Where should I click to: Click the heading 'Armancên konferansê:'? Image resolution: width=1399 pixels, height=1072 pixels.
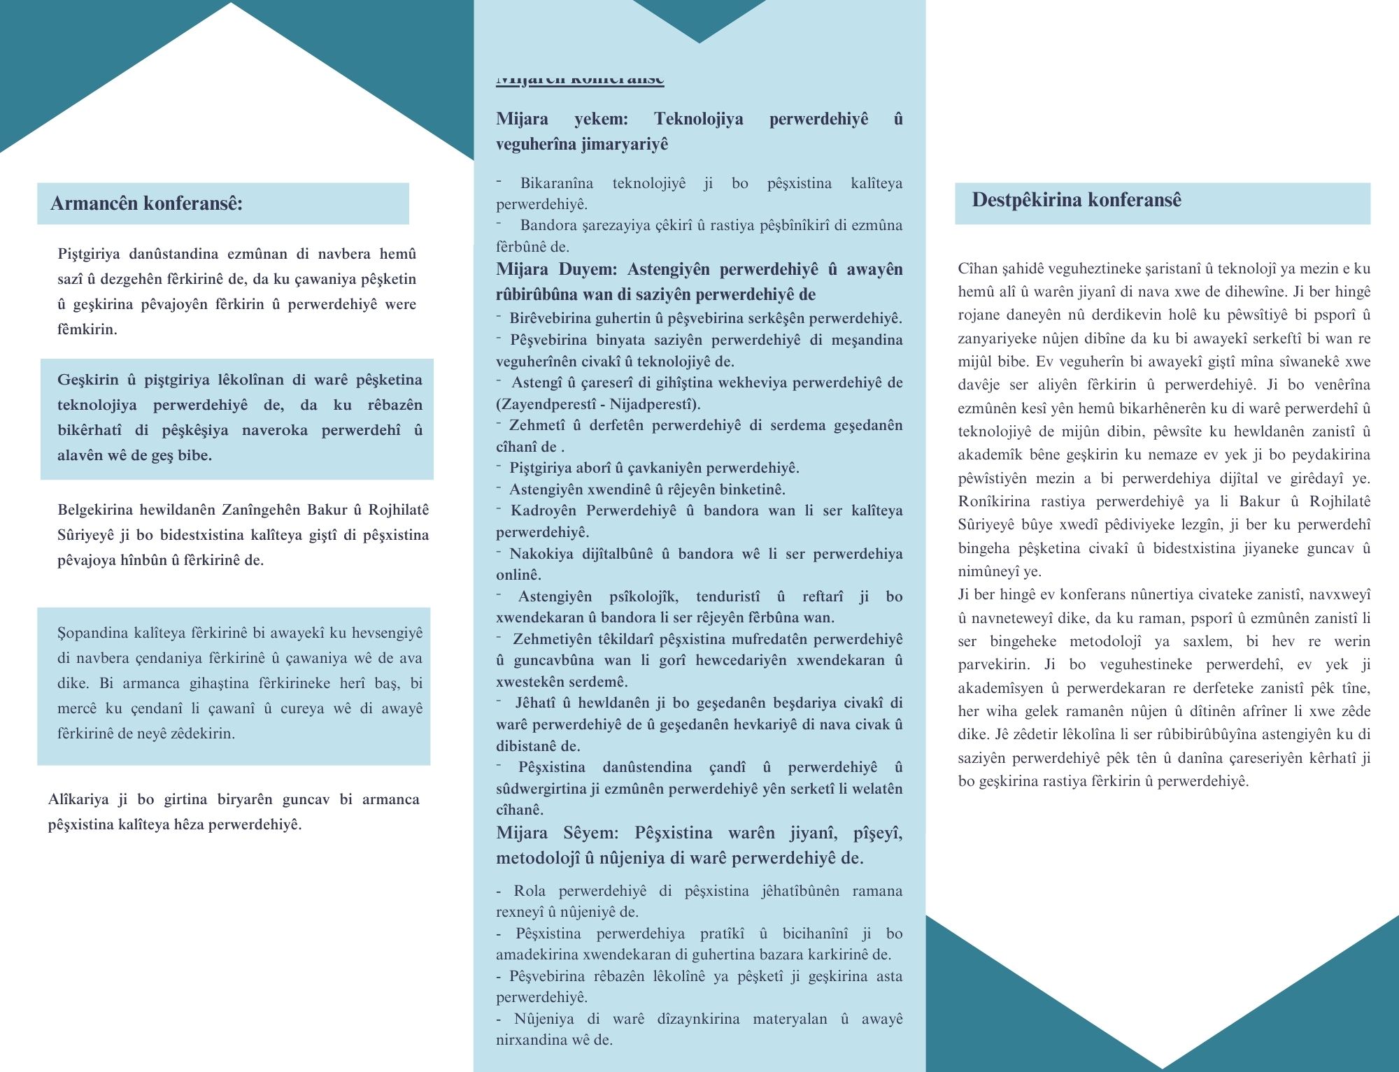tap(146, 203)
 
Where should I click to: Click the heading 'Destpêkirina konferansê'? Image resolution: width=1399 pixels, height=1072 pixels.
tap(1076, 200)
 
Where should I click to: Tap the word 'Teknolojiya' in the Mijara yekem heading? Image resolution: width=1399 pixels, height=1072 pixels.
tap(698, 119)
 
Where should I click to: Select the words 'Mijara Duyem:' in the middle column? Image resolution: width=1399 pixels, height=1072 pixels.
tap(557, 269)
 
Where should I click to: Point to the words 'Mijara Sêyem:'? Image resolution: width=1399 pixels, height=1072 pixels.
tap(557, 833)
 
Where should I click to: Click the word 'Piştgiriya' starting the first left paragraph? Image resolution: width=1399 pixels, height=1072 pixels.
tap(89, 254)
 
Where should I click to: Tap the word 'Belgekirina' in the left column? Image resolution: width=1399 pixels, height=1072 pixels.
tap(95, 510)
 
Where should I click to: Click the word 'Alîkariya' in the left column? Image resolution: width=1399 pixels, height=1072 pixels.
tap(78, 799)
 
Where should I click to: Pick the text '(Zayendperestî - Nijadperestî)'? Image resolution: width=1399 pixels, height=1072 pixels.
tap(598, 404)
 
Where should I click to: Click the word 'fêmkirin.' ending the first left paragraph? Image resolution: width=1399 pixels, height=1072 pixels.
tap(87, 329)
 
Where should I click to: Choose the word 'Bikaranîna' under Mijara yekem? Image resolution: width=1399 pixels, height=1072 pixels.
tap(556, 183)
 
